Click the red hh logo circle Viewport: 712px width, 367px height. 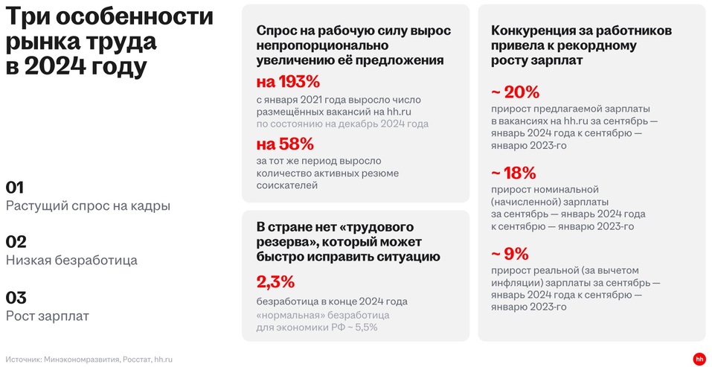click(x=699, y=359)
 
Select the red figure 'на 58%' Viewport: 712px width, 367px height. click(x=285, y=143)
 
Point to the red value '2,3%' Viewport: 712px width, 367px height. click(x=275, y=281)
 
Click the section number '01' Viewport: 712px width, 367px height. click(x=16, y=187)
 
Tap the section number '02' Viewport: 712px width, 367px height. click(x=16, y=241)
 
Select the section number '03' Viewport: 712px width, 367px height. click(x=16, y=297)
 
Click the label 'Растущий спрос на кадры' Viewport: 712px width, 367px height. click(x=88, y=206)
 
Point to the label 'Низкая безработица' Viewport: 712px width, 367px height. click(x=71, y=261)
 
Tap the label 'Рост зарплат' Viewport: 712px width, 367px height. click(x=48, y=316)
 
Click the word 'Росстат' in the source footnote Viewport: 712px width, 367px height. click(x=135, y=360)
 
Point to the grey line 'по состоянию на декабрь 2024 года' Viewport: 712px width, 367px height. click(x=342, y=124)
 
